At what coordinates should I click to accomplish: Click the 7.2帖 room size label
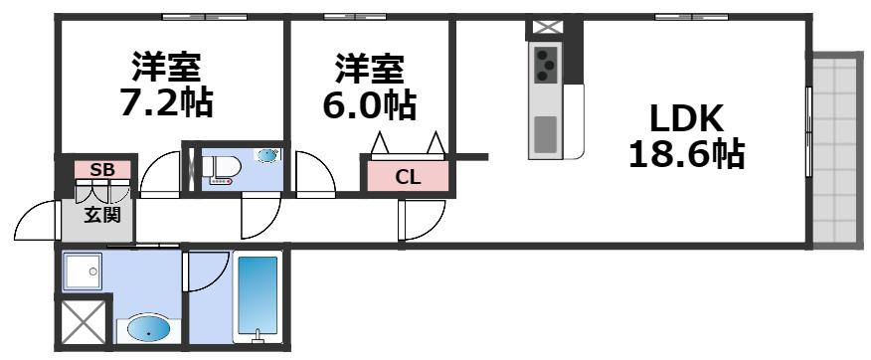coord(166,101)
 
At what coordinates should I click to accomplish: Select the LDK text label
coord(686,119)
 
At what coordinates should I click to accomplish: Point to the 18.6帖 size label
coord(686,153)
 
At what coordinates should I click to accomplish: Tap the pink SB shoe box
coord(102,169)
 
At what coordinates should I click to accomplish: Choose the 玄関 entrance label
coord(102,215)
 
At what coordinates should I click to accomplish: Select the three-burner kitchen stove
coord(546,64)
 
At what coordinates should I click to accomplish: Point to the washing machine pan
coord(83,271)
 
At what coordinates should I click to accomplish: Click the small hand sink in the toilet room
coord(268,155)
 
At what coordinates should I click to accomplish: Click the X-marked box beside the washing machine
coord(83,323)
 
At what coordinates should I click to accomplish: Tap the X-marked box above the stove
coord(545,28)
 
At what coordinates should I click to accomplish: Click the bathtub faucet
coord(257,334)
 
